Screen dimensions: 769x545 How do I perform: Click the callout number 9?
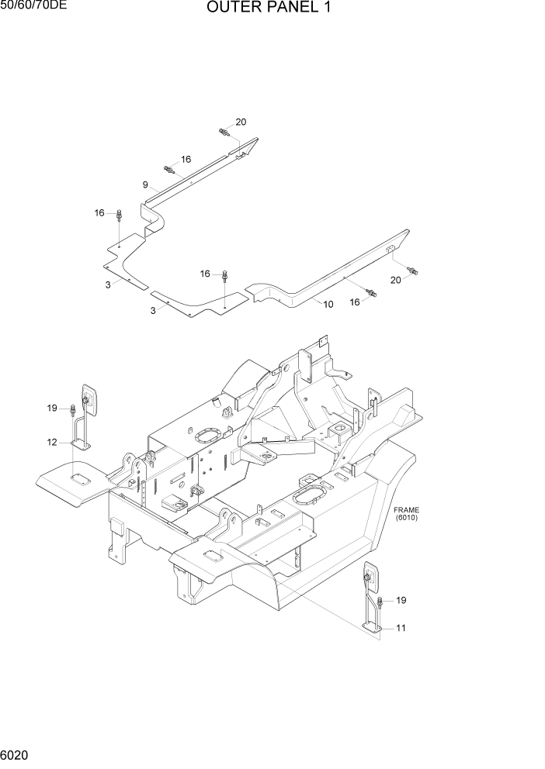[145, 184]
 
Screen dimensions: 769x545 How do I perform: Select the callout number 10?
[328, 305]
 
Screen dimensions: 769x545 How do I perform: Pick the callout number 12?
[52, 443]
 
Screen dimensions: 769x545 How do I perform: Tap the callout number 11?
[401, 628]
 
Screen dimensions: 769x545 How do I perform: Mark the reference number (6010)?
[405, 518]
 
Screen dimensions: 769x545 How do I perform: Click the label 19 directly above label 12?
[52, 408]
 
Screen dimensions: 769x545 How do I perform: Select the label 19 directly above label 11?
[401, 600]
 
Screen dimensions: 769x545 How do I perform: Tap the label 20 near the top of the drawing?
[241, 122]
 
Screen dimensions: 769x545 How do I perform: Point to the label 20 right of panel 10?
[395, 280]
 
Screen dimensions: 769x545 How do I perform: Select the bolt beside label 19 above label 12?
[72, 408]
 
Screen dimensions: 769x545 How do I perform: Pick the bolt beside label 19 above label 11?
[380, 602]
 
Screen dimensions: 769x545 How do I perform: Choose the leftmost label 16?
[99, 212]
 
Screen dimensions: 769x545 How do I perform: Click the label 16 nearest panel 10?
[355, 302]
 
